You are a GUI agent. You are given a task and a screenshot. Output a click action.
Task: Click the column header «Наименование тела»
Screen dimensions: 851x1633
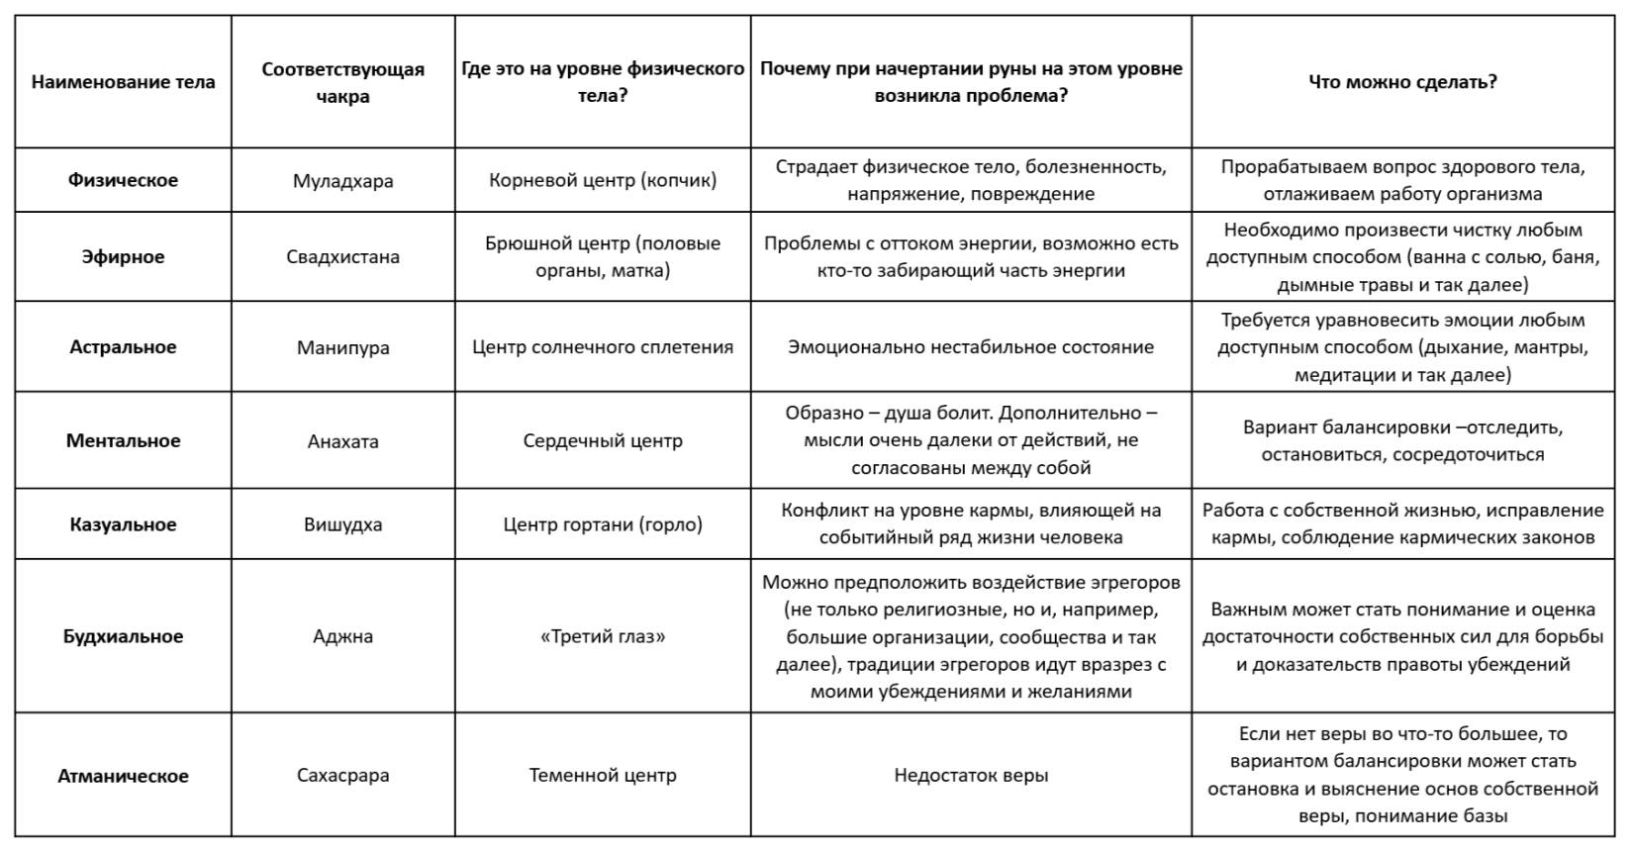click(123, 82)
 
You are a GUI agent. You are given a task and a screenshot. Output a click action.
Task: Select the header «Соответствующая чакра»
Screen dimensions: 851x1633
click(342, 82)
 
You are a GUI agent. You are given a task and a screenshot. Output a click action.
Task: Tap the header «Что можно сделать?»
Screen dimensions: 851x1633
click(1401, 82)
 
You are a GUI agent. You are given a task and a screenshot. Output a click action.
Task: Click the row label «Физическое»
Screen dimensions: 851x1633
click(123, 180)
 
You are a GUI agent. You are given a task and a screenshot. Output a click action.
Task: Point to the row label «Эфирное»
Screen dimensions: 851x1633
click(123, 256)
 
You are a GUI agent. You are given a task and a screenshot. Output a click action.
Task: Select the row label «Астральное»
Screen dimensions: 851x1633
click(123, 347)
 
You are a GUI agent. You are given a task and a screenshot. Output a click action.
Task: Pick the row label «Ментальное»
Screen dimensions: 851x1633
click(123, 440)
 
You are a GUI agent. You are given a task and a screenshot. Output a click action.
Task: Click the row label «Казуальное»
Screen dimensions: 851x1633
click(123, 524)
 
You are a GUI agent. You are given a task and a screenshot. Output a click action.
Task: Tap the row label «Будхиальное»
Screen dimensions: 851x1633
click(123, 636)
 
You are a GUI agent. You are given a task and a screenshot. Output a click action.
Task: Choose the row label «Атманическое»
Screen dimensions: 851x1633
click(123, 776)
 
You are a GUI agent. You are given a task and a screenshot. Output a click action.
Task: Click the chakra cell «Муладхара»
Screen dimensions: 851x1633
click(342, 181)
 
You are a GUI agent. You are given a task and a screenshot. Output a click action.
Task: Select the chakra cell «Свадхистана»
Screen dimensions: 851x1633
click(342, 257)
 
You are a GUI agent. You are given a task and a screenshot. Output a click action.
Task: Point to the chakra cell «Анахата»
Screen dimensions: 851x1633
click(342, 441)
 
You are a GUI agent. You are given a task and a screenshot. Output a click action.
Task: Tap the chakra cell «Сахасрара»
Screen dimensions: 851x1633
click(342, 776)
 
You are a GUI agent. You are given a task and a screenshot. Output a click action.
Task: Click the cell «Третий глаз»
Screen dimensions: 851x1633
click(603, 636)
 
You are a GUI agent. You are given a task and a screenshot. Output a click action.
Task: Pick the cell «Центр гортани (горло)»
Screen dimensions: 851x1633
click(603, 524)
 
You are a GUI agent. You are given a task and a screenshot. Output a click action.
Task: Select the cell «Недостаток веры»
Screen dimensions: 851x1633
click(970, 776)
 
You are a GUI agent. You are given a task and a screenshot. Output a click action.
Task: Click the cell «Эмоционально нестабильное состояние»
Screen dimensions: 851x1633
click(970, 347)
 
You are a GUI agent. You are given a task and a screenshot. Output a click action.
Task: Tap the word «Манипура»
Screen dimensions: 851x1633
click(342, 348)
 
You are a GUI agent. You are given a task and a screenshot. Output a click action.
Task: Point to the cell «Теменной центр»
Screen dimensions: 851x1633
click(603, 776)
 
